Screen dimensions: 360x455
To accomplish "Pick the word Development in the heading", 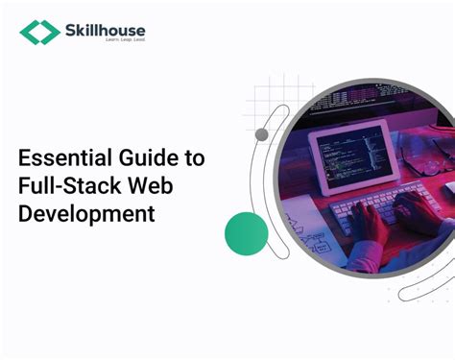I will tap(86, 212).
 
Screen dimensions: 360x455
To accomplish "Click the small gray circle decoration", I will tap(261, 135).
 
